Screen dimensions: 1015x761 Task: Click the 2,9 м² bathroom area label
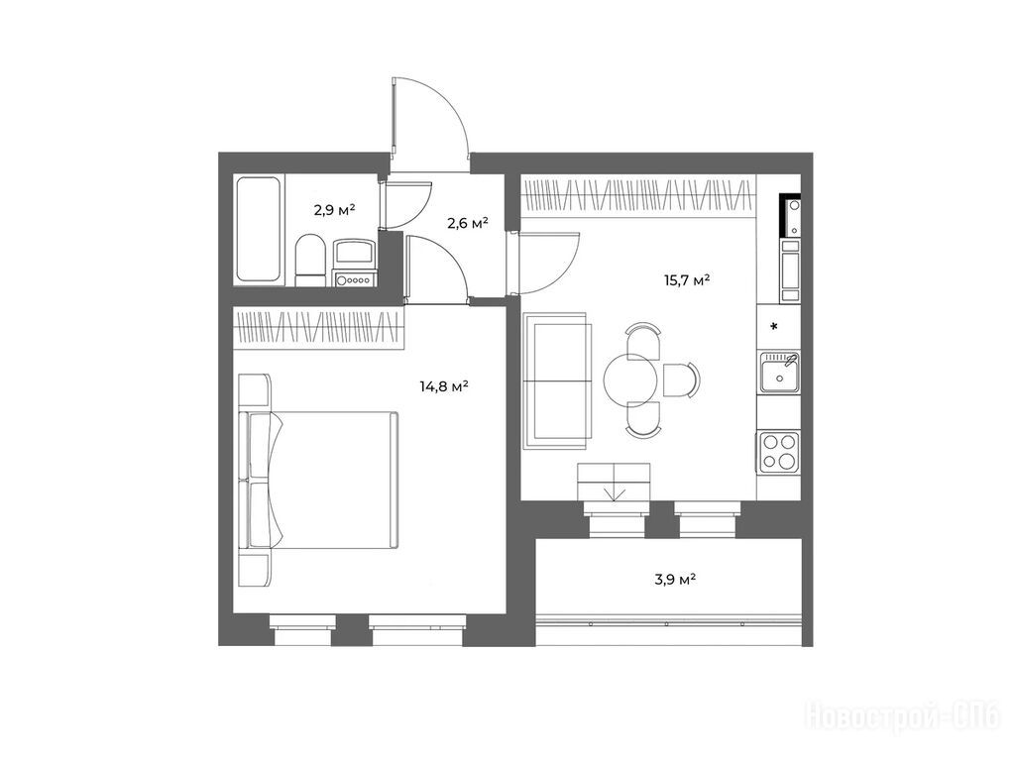pos(335,210)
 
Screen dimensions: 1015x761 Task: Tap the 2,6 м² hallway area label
pos(468,224)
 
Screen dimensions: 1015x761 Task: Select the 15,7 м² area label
pos(687,280)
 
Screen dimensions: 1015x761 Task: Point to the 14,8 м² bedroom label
pos(444,387)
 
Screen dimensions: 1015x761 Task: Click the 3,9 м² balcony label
pos(675,579)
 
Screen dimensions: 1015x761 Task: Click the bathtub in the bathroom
pos(259,229)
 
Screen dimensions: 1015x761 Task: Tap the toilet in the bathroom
pos(309,261)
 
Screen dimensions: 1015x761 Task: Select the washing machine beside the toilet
pos(354,263)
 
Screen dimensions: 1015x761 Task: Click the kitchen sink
pos(779,373)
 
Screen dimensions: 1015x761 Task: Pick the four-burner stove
pos(779,451)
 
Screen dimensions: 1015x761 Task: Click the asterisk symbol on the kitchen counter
pos(773,326)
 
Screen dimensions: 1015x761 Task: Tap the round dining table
pos(631,380)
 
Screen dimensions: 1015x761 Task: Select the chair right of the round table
pos(681,380)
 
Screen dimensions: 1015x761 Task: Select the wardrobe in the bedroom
pos(318,329)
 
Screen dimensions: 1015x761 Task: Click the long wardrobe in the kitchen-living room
pos(638,195)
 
